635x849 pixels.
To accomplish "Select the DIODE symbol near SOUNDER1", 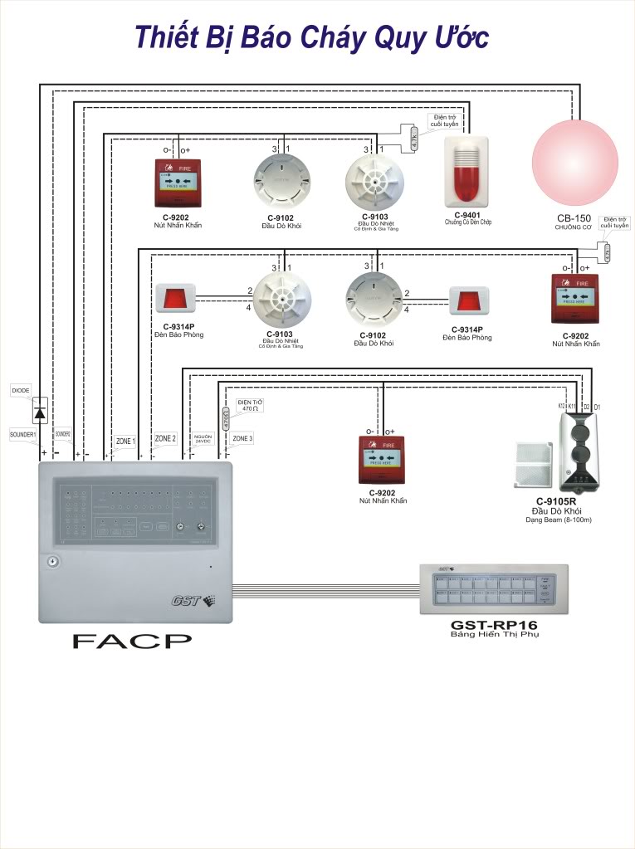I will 39,409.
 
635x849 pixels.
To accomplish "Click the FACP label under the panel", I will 131,640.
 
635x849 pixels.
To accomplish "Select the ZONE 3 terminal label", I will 242,438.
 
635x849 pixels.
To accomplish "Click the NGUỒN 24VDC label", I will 203,439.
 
